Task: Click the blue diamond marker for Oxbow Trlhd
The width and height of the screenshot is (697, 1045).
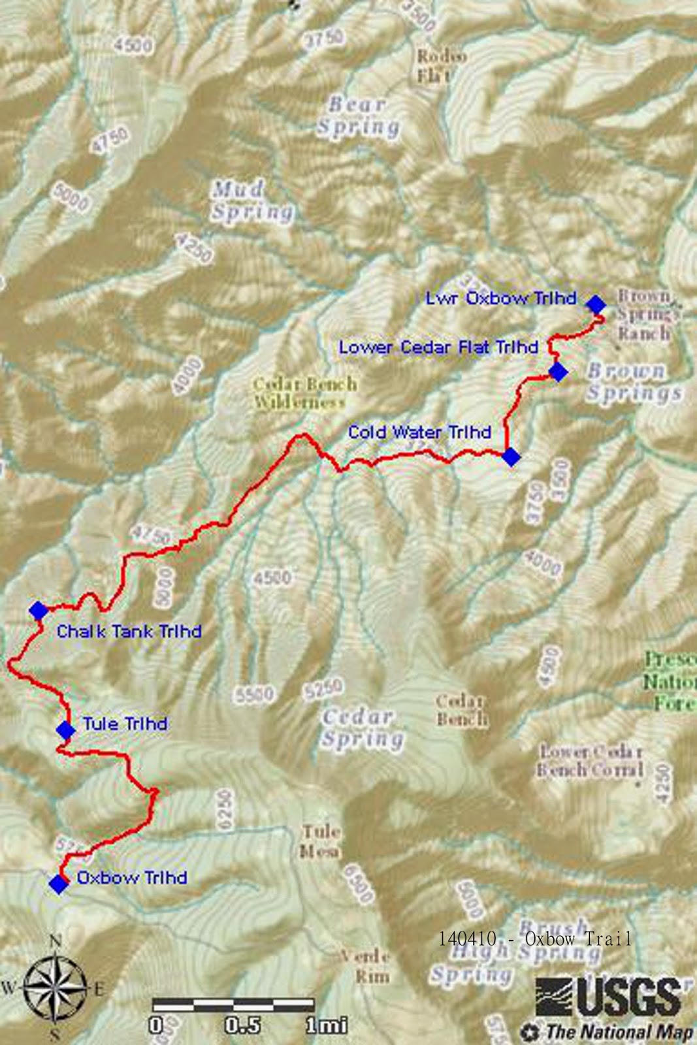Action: (59, 884)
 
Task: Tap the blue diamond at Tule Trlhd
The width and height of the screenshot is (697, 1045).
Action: (65, 730)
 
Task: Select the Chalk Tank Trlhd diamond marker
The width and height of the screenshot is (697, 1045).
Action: (39, 611)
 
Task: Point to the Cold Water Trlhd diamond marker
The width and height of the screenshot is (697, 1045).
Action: (511, 457)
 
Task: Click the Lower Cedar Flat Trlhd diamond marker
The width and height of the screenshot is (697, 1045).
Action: (557, 372)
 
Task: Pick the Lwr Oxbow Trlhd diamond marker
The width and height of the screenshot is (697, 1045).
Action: (595, 304)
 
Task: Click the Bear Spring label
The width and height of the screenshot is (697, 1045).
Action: (358, 116)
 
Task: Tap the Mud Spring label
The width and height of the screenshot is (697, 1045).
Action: (251, 201)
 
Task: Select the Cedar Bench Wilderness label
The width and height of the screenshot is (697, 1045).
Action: (305, 393)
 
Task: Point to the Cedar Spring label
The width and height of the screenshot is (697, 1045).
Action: (361, 728)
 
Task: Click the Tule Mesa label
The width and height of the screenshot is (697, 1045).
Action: (320, 841)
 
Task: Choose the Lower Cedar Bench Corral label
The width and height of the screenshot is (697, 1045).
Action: (590, 761)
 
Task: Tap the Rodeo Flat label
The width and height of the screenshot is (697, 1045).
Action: (442, 65)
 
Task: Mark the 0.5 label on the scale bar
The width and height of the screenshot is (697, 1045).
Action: (242, 1025)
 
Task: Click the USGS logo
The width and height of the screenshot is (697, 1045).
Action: (608, 997)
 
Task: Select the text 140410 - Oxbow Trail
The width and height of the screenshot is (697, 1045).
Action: (534, 939)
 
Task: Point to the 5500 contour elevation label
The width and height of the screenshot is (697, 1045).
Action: (255, 694)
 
